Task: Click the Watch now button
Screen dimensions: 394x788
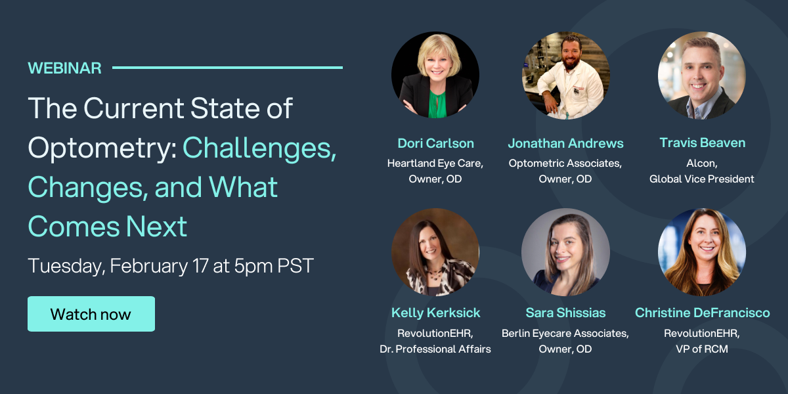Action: [x=91, y=314]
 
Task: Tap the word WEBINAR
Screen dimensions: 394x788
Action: [x=64, y=68]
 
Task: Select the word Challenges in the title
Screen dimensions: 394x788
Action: [x=259, y=148]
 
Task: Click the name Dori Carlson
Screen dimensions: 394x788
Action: [x=435, y=143]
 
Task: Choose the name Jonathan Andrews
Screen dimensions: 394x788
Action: [x=565, y=143]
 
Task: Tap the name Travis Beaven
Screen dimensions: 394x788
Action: [x=702, y=143]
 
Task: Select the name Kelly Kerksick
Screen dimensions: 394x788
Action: [x=435, y=313]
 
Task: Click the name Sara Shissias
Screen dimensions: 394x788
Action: [x=565, y=313]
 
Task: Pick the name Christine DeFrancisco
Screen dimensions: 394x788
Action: [x=702, y=313]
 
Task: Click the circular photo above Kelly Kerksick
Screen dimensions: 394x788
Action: [x=435, y=252]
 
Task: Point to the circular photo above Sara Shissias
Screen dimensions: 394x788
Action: [x=565, y=252]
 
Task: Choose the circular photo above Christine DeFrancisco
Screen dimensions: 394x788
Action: [x=702, y=252]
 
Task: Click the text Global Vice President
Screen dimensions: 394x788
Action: [x=702, y=179]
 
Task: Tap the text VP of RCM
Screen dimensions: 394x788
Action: [x=702, y=349]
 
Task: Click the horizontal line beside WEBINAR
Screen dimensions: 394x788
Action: [x=227, y=67]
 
